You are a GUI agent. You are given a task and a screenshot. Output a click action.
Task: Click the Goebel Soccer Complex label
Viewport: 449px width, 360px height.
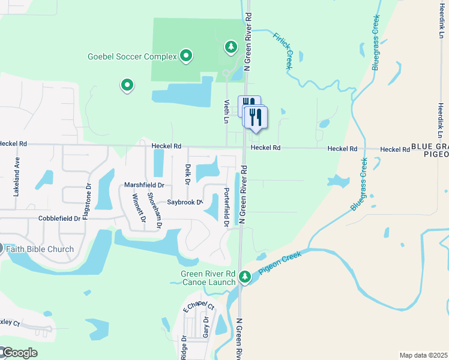132,56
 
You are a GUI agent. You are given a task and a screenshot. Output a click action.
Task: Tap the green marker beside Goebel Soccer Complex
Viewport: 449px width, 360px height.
186,56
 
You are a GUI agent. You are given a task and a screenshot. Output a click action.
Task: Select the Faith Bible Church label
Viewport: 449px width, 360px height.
40,249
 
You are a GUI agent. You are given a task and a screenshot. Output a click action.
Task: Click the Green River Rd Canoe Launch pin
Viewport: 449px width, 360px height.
244,277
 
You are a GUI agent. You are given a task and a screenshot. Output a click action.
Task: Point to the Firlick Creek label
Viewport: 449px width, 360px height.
282,51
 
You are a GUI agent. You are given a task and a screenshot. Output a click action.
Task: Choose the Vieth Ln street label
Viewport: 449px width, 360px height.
227,111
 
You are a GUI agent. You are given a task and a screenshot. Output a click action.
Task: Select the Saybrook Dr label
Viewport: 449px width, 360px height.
185,202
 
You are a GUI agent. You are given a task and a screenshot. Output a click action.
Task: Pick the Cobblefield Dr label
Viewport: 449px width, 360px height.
59,219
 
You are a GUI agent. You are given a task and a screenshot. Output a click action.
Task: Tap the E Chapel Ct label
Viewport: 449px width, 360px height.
198,307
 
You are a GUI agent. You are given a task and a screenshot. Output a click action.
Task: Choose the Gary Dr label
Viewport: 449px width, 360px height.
205,326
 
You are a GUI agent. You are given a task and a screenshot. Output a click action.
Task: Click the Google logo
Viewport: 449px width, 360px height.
19,353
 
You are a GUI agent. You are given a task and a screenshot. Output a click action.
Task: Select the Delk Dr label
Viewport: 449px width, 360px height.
187,173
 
